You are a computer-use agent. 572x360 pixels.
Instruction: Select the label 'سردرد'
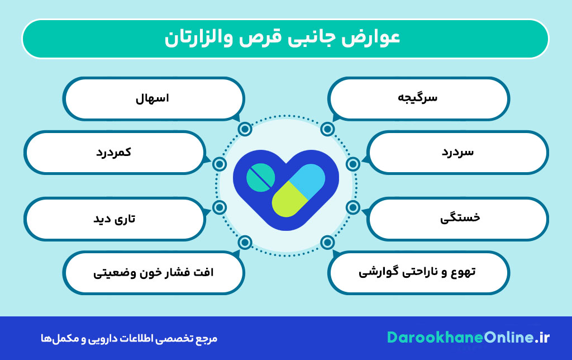pyautogui.click(x=457, y=152)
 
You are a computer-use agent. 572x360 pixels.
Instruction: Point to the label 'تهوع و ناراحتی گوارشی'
pyautogui.click(x=417, y=272)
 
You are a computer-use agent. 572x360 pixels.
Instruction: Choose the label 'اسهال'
pyautogui.click(x=152, y=98)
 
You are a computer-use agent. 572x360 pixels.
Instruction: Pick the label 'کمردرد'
pyautogui.click(x=113, y=152)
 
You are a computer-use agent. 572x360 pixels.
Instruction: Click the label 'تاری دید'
pyautogui.click(x=114, y=218)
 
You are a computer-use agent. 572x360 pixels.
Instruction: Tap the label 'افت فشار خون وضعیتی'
pyautogui.click(x=152, y=273)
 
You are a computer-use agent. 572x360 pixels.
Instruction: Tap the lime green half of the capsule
pyautogui.click(x=287, y=201)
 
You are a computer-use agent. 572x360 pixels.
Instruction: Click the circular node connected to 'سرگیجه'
pyautogui.click(x=328, y=130)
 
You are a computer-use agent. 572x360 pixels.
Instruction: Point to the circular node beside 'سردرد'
pyautogui.click(x=352, y=164)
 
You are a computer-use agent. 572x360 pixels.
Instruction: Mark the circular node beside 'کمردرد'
pyautogui.click(x=220, y=164)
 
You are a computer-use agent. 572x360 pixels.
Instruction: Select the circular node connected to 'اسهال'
pyautogui.click(x=245, y=130)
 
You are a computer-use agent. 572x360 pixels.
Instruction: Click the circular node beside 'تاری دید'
pyautogui.click(x=220, y=207)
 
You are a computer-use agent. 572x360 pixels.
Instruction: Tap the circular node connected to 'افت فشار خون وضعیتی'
pyautogui.click(x=245, y=242)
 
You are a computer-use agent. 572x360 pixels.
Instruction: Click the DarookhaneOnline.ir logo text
pyautogui.click(x=468, y=337)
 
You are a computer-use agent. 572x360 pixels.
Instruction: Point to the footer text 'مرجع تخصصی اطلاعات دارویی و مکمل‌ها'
pyautogui.click(x=128, y=338)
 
